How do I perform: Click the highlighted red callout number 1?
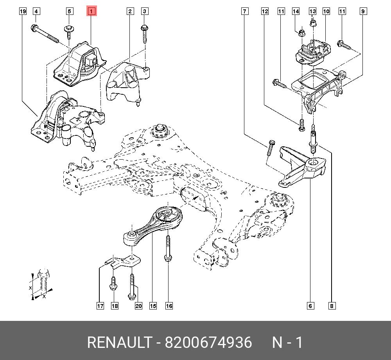click(x=91, y=11)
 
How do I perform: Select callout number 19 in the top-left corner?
click(x=23, y=11)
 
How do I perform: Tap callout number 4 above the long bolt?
click(x=36, y=11)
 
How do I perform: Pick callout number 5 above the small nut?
click(x=69, y=11)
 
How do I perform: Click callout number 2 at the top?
click(x=129, y=11)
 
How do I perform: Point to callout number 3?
click(x=144, y=11)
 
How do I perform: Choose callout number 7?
click(x=244, y=11)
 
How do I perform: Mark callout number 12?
click(x=265, y=11)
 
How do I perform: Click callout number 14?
click(x=296, y=11)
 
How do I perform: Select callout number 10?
click(x=326, y=11)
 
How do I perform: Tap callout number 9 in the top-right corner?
click(x=363, y=11)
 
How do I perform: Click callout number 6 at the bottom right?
click(x=310, y=306)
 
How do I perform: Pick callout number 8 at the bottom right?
click(x=332, y=306)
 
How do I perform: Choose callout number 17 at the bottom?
click(x=100, y=306)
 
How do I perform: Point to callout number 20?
click(x=138, y=306)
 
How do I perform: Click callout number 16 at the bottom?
click(x=169, y=306)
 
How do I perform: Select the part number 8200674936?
click(x=208, y=343)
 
